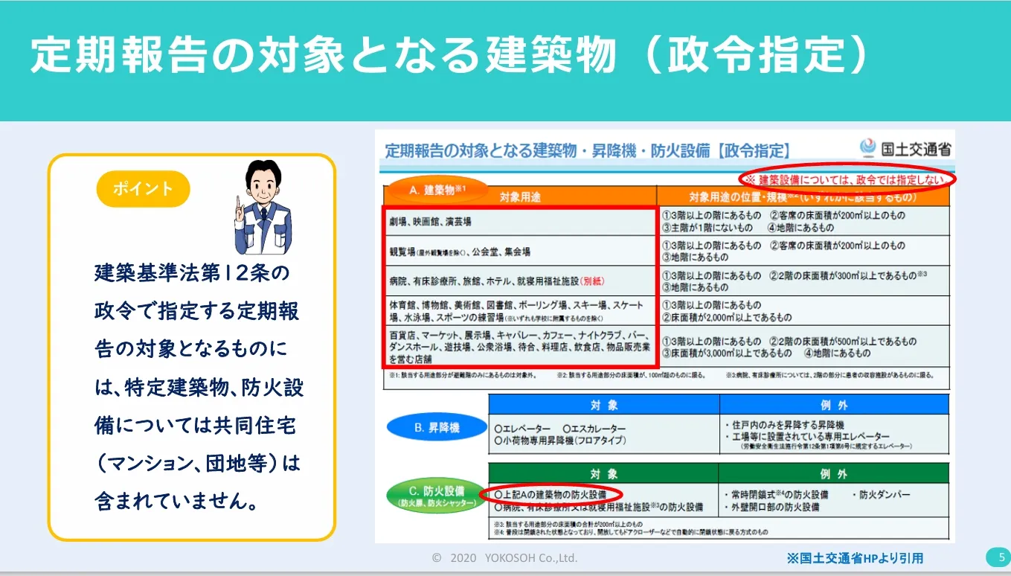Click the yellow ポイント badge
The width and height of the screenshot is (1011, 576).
point(143,188)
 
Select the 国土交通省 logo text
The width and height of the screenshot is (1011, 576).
point(916,148)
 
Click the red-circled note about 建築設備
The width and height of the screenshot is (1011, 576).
point(847,179)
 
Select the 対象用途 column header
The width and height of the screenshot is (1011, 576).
point(521,197)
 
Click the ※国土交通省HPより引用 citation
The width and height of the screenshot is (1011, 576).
point(855,557)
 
